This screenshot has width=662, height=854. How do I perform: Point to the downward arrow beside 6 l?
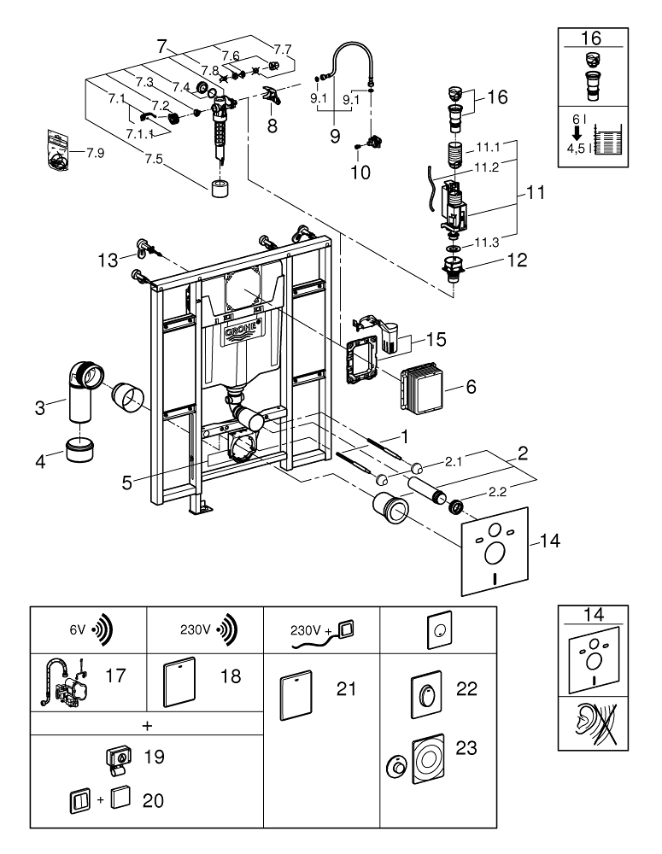[578, 133]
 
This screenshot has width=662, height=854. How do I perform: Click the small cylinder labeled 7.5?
[220, 187]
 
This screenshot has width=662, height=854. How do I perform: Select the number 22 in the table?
[466, 690]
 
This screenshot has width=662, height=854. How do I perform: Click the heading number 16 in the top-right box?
[590, 39]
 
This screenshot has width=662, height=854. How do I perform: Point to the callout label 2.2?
[498, 493]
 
